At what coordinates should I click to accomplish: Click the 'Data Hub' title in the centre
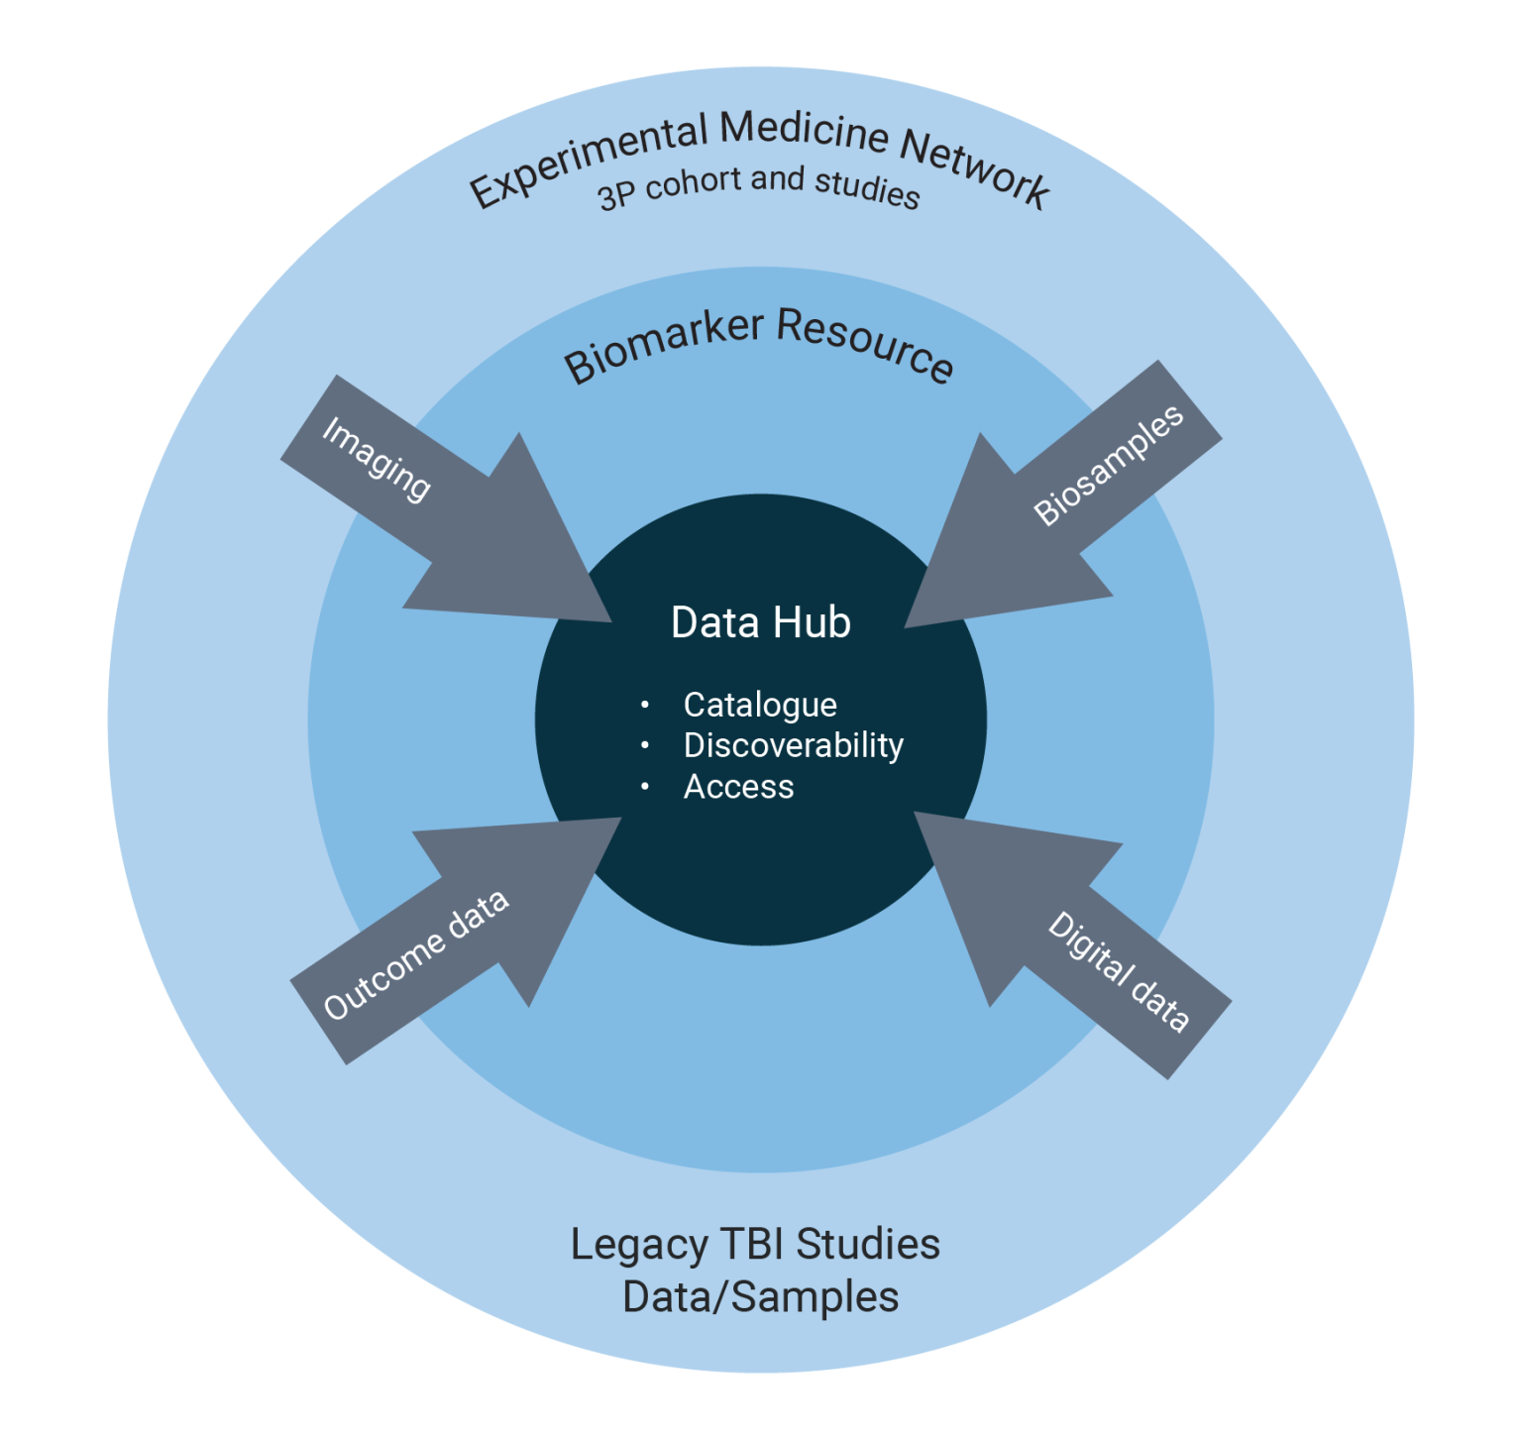760,622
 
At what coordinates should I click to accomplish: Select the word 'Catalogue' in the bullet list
760,705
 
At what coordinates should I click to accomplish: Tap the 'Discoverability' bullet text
793,745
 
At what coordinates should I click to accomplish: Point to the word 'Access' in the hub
738,787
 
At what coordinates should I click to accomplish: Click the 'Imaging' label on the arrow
377,459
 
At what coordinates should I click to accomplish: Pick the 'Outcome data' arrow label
416,954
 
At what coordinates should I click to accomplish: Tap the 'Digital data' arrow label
1119,972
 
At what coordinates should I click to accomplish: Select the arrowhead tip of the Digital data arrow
918,815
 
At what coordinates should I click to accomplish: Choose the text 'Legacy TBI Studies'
755,1245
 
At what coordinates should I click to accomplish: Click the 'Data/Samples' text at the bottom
760,1297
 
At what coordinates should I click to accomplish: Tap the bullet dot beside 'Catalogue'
645,705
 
